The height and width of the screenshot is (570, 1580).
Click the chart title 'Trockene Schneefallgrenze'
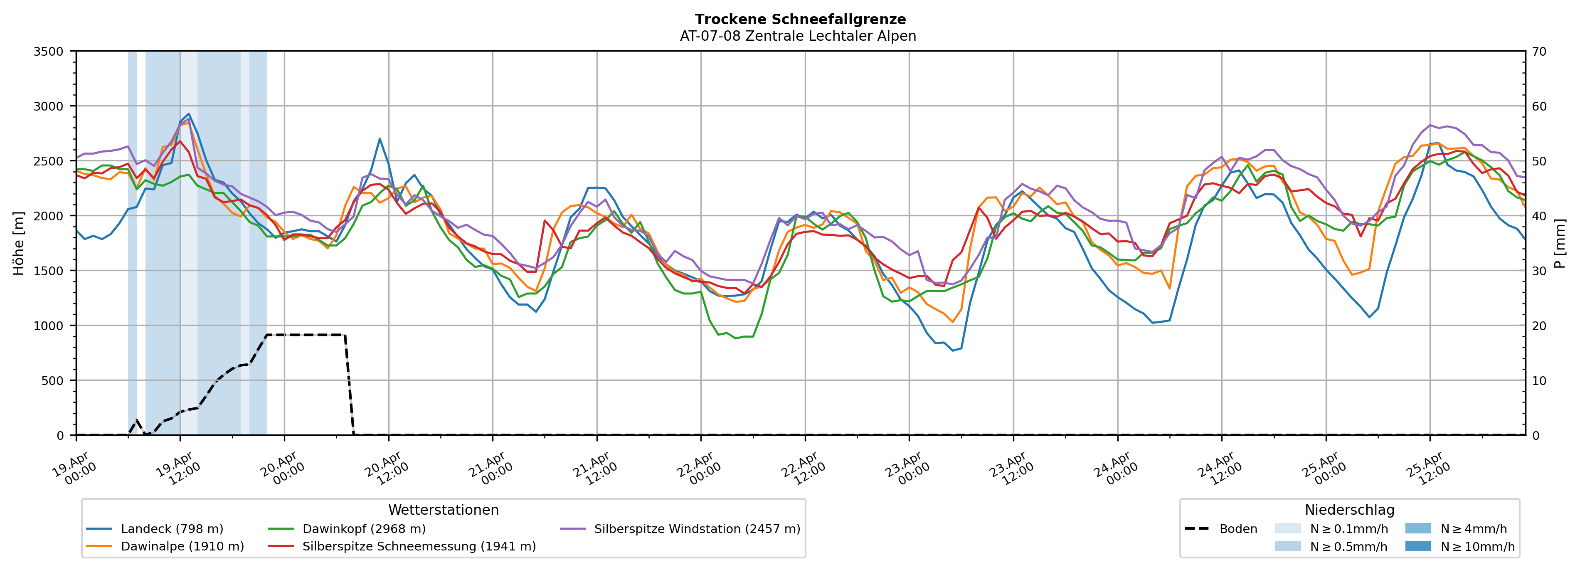coord(800,20)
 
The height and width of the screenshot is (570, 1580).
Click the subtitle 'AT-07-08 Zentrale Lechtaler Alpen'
coord(797,36)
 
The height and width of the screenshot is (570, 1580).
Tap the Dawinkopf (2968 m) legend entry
coord(364,529)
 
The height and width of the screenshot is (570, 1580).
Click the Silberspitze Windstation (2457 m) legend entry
coord(697,529)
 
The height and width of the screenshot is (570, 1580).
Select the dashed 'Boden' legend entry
coord(1238,529)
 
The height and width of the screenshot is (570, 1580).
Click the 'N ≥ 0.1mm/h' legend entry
coord(1348,529)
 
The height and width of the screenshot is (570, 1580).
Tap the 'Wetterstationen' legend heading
coord(444,510)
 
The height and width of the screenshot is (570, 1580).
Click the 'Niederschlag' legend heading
coord(1349,510)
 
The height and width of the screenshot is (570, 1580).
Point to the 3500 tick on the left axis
coord(49,52)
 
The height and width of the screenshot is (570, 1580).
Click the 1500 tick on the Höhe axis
coord(49,271)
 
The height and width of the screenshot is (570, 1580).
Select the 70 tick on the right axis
coord(1539,52)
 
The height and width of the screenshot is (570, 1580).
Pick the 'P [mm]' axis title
coord(1560,244)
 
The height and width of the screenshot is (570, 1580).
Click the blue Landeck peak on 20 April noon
coord(380,139)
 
